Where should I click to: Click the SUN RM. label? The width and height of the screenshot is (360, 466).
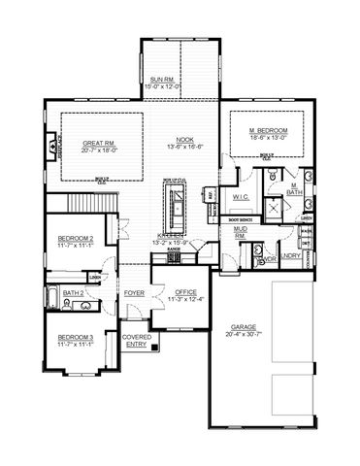(x=162, y=80)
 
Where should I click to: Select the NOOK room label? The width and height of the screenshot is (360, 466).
(x=185, y=140)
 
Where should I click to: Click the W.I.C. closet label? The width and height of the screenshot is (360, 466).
(x=242, y=197)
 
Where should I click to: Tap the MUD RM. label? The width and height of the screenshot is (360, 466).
(x=240, y=232)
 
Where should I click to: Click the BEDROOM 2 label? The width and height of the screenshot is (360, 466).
(x=75, y=238)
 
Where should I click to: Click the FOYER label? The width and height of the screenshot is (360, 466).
(x=134, y=291)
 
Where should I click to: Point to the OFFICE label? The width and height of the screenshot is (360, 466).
(x=184, y=291)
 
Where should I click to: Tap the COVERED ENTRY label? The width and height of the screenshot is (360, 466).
(x=136, y=340)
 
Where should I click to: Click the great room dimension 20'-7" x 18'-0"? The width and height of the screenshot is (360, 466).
(x=100, y=150)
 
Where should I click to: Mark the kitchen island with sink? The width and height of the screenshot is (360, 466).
(x=179, y=206)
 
